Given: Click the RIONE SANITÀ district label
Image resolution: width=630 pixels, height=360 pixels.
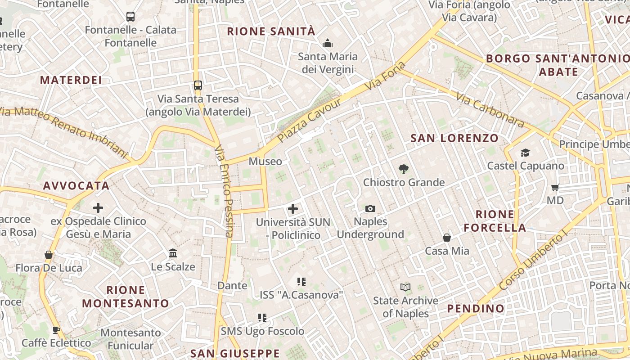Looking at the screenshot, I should (x=271, y=31).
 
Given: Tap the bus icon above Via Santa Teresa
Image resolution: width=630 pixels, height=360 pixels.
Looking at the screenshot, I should (x=198, y=85).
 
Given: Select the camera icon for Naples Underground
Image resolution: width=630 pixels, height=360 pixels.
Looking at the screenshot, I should (x=370, y=208).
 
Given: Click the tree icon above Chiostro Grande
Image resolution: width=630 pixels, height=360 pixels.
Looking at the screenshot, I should (x=404, y=169).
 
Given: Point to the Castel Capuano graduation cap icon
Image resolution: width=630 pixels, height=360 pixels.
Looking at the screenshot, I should (x=525, y=153).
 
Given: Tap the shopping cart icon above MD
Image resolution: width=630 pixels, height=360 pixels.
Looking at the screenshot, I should (x=555, y=187).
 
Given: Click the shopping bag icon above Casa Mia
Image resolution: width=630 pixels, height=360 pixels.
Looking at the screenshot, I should (x=447, y=238).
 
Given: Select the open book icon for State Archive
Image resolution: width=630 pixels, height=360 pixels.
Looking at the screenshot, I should (x=405, y=287).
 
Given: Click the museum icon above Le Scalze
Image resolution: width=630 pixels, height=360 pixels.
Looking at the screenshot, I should (x=173, y=253).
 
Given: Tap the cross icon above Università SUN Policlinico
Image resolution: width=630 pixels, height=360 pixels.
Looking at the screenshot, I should (x=293, y=209).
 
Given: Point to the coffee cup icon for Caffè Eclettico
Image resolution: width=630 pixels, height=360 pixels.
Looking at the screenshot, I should (x=56, y=330).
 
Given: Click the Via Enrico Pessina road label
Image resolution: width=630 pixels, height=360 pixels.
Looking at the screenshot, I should (x=224, y=191).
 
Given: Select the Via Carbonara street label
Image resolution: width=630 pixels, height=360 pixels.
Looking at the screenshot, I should (x=490, y=110).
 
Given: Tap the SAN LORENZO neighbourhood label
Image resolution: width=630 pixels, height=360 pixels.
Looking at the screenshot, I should (x=454, y=138).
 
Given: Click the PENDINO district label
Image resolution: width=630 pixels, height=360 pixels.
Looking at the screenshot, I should (x=476, y=309).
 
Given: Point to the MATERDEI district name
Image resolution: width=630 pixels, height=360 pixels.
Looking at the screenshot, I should (x=71, y=80).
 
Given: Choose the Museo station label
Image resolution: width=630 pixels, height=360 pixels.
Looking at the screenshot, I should (x=265, y=162).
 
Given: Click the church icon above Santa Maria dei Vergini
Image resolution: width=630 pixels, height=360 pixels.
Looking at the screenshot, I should (x=328, y=43).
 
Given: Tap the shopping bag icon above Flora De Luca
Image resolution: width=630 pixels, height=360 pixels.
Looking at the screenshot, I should (x=49, y=255).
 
